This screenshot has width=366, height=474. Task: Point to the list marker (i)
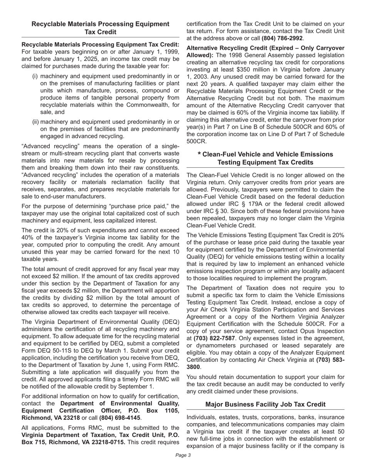pyautogui.click(x=35, y=76)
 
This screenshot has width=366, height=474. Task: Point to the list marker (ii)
pyautogui.click(x=35, y=121)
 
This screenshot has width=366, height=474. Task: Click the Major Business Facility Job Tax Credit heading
pyautogui.click(x=265, y=404)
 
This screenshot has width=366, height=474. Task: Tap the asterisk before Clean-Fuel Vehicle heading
pyautogui.click(x=199, y=155)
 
